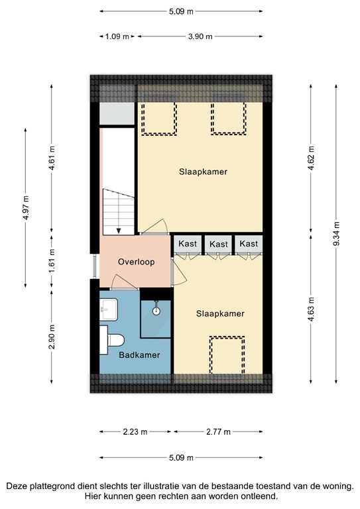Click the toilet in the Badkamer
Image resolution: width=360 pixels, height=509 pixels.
click(x=114, y=341)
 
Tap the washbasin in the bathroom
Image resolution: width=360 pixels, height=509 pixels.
click(x=108, y=308)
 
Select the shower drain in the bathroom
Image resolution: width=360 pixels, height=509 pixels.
click(x=156, y=310)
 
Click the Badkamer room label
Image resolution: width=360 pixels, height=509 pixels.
click(x=139, y=355)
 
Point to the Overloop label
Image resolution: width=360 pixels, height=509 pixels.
click(x=136, y=262)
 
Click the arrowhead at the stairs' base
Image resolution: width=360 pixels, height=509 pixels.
click(x=118, y=231)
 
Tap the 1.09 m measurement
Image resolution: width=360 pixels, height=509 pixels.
click(x=116, y=36)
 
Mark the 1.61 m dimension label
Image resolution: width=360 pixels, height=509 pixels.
click(x=51, y=262)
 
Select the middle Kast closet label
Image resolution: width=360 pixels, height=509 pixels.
click(x=218, y=245)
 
